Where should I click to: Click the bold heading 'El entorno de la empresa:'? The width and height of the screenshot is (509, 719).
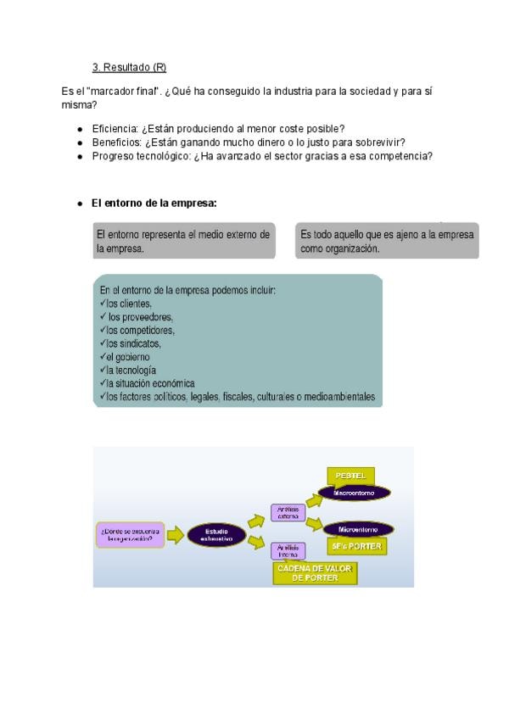point(154,203)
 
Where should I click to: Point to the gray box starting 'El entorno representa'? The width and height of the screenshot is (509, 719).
point(184,241)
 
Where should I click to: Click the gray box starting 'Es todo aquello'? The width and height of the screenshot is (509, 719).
point(388,241)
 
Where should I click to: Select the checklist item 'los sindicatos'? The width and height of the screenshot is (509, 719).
point(133,343)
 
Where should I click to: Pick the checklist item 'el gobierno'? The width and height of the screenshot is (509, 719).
point(128,357)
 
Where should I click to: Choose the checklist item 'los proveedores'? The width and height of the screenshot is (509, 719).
point(137,317)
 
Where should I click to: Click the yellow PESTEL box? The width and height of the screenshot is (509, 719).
point(350,476)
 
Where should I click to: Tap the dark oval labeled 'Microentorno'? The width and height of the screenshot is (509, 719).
point(356,529)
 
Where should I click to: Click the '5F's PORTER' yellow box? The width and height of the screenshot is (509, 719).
point(355,546)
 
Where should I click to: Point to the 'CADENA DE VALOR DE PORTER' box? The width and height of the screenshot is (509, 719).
point(315,573)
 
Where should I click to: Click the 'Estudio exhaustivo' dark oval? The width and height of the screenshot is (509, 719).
point(216,534)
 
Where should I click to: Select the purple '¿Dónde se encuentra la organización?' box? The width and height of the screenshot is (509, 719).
point(130,534)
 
